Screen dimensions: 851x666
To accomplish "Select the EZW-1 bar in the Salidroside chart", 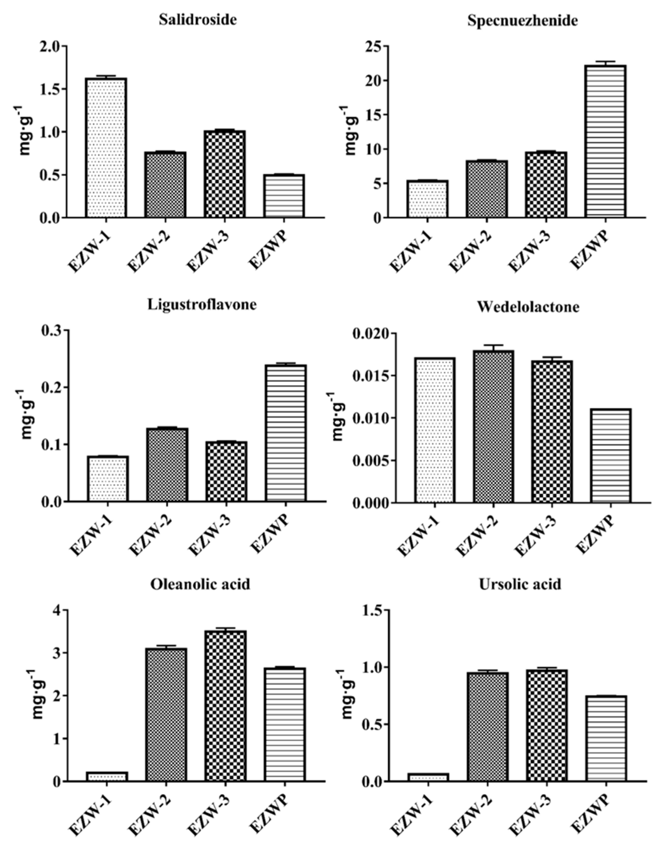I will point(106,148).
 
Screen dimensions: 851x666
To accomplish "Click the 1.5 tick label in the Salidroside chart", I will point(52,89).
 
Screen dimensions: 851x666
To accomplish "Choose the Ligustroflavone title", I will point(202,304).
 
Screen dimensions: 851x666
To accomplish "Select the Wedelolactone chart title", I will point(528,307).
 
